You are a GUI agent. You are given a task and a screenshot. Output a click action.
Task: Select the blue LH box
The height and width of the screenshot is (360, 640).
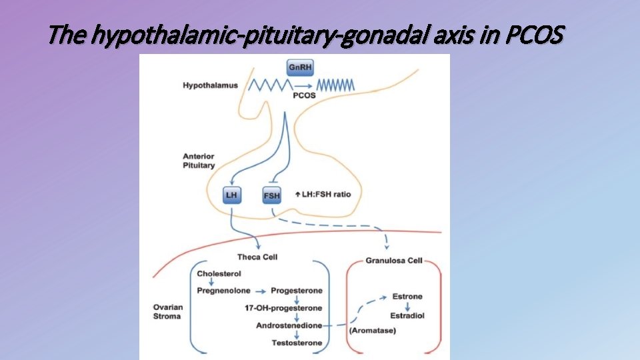pyautogui.click(x=232, y=195)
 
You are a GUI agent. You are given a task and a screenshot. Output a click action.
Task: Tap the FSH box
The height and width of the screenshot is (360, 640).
pyautogui.click(x=272, y=195)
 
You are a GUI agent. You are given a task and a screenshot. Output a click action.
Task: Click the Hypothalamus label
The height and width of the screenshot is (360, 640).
pyautogui.click(x=210, y=85)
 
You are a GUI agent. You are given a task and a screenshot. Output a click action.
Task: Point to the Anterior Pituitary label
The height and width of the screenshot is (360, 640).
pyautogui.click(x=199, y=161)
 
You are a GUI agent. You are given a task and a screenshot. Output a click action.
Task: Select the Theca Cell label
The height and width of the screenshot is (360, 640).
pyautogui.click(x=257, y=257)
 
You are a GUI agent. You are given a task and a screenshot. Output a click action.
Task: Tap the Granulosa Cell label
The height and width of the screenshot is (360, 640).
pyautogui.click(x=394, y=261)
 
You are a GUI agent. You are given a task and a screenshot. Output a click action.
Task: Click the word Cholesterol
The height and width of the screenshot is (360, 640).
pyautogui.click(x=220, y=273)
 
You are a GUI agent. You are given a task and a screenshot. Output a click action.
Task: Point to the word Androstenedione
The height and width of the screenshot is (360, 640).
pyautogui.click(x=289, y=325)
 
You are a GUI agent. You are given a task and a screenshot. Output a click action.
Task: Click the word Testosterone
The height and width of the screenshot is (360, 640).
pyautogui.click(x=297, y=343)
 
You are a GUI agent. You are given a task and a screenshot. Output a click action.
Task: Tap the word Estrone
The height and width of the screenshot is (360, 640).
pyautogui.click(x=407, y=296)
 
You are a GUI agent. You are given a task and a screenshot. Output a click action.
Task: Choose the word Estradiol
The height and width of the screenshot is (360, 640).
pyautogui.click(x=407, y=315)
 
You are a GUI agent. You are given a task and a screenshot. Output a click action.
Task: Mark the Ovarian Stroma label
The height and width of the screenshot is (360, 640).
pyautogui.click(x=167, y=311)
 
